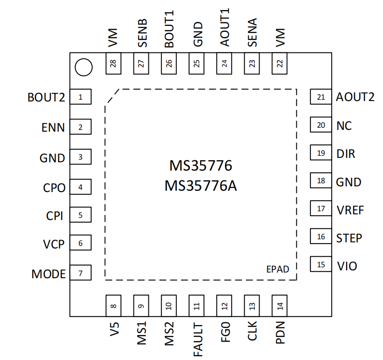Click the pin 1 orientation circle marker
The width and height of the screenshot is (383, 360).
[x=83, y=67]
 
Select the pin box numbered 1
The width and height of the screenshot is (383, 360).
[x=81, y=97]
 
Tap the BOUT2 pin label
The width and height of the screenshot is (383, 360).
[x=46, y=97]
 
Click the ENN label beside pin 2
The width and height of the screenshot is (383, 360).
[x=53, y=128]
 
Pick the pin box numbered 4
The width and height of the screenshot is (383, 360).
[x=81, y=187]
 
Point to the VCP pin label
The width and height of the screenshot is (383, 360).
[x=54, y=244]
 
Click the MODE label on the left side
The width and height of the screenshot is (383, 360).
[x=48, y=274]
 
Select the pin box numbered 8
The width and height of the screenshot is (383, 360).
[x=113, y=305]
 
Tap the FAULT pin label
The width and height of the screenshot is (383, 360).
[x=197, y=339]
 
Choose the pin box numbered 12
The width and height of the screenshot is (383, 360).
[x=225, y=305]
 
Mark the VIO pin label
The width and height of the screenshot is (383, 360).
[x=347, y=266]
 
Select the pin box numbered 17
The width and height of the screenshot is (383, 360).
[x=321, y=208]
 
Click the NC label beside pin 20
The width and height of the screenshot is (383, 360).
[x=344, y=126]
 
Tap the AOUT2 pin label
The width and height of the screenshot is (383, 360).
[x=355, y=97]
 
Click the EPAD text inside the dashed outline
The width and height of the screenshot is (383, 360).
[x=278, y=269]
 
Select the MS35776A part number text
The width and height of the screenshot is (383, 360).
[x=201, y=186]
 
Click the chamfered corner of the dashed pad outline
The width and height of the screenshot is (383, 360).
[x=112, y=96]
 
